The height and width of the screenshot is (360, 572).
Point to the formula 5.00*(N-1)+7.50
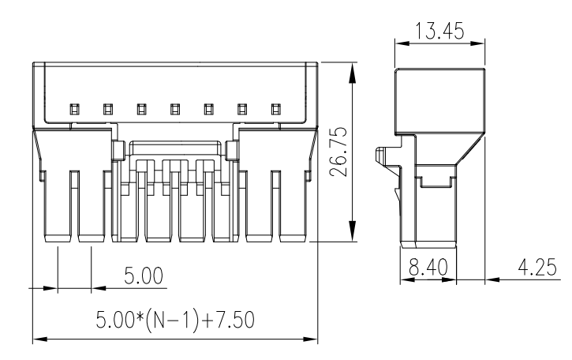point(174,320)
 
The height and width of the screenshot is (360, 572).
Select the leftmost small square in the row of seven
point(73,108)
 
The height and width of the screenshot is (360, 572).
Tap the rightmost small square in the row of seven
point(276,108)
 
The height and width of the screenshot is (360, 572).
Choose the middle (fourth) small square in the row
point(175,108)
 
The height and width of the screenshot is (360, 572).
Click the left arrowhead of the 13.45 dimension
point(402,44)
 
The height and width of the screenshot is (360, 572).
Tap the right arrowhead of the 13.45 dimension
point(479,44)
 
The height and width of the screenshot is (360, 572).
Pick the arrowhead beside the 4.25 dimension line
point(494,279)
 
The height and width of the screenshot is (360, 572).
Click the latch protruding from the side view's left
point(383,158)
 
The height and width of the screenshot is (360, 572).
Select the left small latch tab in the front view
point(118,149)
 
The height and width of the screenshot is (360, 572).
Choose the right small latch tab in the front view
point(232,149)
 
